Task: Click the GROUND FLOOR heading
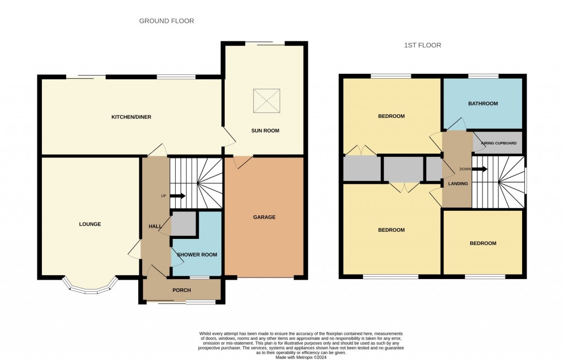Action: click(166, 21)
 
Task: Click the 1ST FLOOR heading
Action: click(422, 45)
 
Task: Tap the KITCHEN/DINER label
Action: click(131, 117)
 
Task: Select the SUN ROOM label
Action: click(265, 130)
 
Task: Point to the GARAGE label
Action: click(264, 217)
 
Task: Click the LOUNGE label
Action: click(90, 224)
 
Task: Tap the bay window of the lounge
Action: click(90, 287)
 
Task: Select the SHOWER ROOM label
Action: click(197, 255)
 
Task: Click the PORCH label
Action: click(182, 290)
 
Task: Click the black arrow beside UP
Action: click(177, 196)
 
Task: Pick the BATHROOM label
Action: click(482, 103)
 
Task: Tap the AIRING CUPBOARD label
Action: click(498, 143)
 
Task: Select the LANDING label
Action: click(458, 184)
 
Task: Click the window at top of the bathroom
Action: click(483, 76)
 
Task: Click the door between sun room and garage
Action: click(243, 161)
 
